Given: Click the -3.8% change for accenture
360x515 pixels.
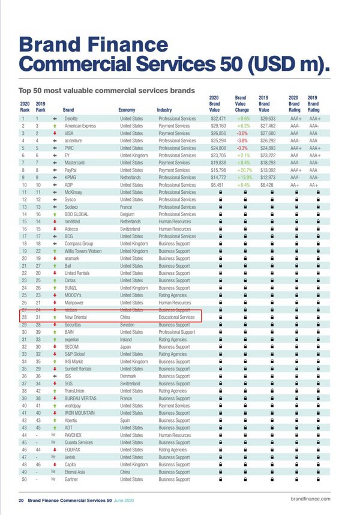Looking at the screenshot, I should coord(242,140).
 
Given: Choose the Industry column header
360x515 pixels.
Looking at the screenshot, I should coord(168,110).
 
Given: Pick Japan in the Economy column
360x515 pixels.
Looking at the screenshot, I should coord(126,346).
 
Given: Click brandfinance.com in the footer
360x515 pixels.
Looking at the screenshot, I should coord(310,499).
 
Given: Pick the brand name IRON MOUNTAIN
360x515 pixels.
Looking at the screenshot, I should coord(80,413).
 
